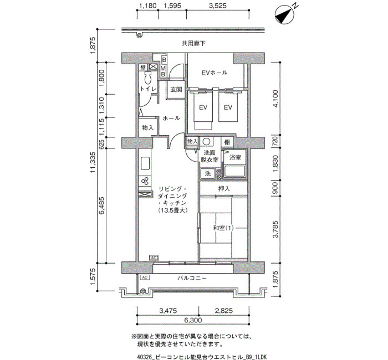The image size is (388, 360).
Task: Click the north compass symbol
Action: click(285, 15)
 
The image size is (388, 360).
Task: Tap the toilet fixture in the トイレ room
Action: click(148, 78)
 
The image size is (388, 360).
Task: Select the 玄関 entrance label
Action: click(176, 90)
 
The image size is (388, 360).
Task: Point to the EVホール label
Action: click(215, 73)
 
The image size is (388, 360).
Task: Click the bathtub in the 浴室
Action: click(234, 171)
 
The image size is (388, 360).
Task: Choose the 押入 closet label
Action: click(224, 189)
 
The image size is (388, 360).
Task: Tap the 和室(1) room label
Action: click(223, 228)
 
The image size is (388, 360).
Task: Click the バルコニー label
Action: click(192, 278)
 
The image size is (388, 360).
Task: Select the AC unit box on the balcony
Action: click(145, 277)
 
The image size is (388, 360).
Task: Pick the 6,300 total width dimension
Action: click(193, 320)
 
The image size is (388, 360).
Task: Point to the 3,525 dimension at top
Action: click(217, 6)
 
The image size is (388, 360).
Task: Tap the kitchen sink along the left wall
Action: click(145, 164)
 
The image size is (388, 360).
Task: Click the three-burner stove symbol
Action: click(145, 181)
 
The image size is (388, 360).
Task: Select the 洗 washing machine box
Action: click(208, 174)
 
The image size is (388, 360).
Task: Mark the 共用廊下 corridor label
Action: click(193, 44)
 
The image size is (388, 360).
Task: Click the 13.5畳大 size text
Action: click(173, 210)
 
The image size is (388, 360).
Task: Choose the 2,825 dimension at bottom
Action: click(224, 311)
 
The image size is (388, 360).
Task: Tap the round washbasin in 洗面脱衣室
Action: click(207, 142)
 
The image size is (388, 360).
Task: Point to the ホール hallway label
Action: click(171, 118)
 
